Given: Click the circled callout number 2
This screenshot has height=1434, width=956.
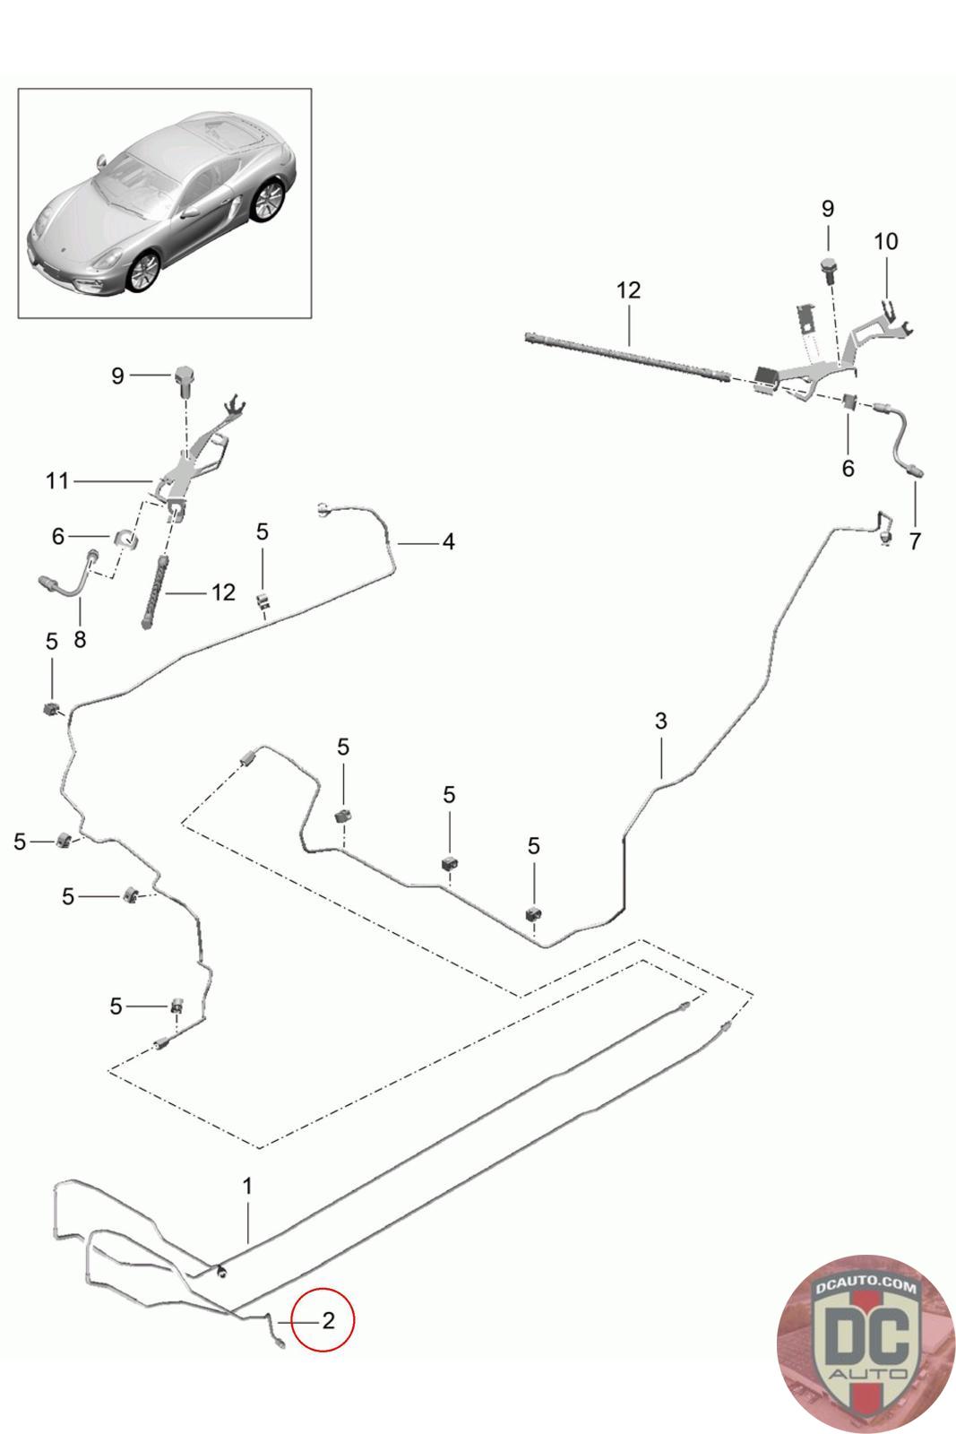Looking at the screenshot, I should pyautogui.click(x=328, y=1320).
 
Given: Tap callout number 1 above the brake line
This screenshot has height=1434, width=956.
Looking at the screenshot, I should pyautogui.click(x=247, y=1186).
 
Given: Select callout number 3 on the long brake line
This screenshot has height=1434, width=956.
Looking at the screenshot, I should pyautogui.click(x=661, y=721).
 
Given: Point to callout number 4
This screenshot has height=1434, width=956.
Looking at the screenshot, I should pyautogui.click(x=448, y=541).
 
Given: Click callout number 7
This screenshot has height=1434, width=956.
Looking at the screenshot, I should pyautogui.click(x=915, y=541).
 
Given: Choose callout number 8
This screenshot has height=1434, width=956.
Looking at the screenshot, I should pyautogui.click(x=80, y=640).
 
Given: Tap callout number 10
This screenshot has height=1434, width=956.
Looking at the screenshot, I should pyautogui.click(x=885, y=241).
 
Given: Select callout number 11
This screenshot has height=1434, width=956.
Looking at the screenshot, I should pyautogui.click(x=57, y=481).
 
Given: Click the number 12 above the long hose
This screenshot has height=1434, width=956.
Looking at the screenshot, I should pyautogui.click(x=629, y=290).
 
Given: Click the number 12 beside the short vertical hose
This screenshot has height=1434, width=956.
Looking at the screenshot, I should pyautogui.click(x=223, y=592).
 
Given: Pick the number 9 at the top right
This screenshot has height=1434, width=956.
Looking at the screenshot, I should pyautogui.click(x=827, y=209).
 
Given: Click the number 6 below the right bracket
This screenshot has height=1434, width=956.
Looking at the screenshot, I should pyautogui.click(x=848, y=468).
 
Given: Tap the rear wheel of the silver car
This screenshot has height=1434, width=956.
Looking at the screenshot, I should pyautogui.click(x=268, y=200).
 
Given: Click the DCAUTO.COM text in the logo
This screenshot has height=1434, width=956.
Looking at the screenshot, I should pyautogui.click(x=866, y=1286).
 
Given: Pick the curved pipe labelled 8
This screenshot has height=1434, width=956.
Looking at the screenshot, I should pyautogui.click(x=72, y=580).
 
